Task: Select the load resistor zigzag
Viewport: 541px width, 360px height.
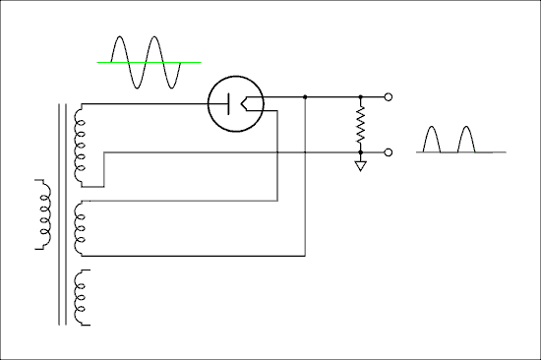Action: coord(361,125)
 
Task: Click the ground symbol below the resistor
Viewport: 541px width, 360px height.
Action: coord(361,165)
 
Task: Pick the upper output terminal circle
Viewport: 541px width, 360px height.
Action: coord(390,97)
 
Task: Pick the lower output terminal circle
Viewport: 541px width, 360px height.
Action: coord(390,152)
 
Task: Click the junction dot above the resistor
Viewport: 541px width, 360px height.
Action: coord(361,97)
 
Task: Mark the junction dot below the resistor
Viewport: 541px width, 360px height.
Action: coord(361,152)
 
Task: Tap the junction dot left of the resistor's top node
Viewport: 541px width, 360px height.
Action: coord(306,97)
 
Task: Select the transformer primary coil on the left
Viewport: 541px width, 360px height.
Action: coord(42,214)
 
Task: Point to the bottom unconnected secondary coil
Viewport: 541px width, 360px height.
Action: coord(81,298)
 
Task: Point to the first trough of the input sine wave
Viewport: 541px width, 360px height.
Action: coord(138,87)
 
